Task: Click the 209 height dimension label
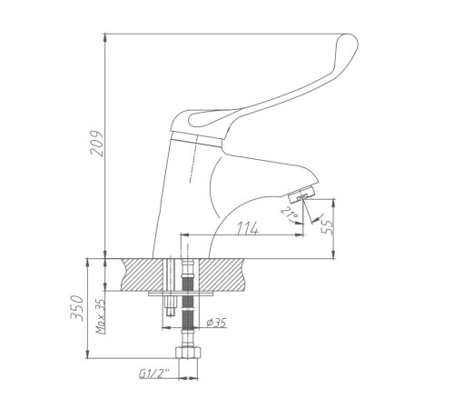point(97,144)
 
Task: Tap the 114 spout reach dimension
point(248,228)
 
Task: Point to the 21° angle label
point(290,213)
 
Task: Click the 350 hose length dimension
point(77,308)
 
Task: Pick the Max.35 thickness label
point(101,316)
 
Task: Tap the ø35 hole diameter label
point(217,323)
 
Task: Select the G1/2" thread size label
point(153,374)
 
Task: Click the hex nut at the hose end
point(188,353)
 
